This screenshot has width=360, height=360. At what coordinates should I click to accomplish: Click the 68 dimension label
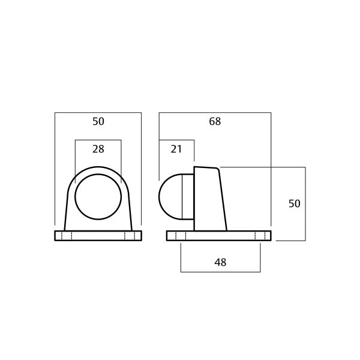[x=215, y=121]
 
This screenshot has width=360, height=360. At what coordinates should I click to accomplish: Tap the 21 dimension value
[x=176, y=149]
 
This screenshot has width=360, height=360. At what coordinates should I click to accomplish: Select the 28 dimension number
[x=98, y=149]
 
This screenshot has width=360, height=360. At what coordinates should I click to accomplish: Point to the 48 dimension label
[x=220, y=262]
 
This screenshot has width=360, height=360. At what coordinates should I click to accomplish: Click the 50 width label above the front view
[x=98, y=121]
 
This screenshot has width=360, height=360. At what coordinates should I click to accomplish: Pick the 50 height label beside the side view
[x=294, y=204]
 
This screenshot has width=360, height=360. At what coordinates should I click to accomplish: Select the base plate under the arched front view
[x=98, y=236]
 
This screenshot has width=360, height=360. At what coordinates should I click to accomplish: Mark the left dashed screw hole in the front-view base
[x=67, y=236]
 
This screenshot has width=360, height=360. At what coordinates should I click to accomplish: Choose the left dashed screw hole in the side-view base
[x=181, y=236]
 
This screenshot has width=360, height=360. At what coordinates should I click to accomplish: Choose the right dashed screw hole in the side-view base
[x=260, y=236]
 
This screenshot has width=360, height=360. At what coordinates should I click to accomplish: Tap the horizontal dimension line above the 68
[x=215, y=112]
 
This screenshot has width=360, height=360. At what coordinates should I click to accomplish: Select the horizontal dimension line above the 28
[x=98, y=140]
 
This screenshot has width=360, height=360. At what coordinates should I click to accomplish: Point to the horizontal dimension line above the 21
[x=176, y=140]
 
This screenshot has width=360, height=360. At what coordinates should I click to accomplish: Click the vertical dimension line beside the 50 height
[x=307, y=204]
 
